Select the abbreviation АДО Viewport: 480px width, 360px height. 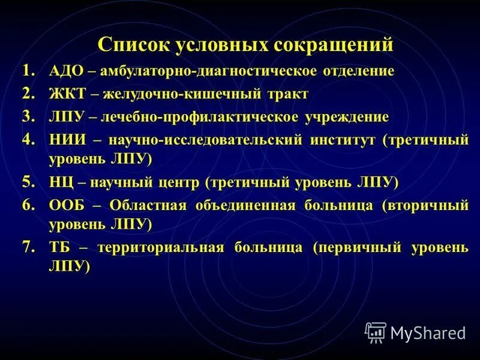pyautogui.click(x=65, y=71)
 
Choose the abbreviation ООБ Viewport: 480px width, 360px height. pyautogui.click(x=67, y=205)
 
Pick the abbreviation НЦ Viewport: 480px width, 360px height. pyautogui.click(x=61, y=181)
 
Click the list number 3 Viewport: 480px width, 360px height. pyautogui.click(x=29, y=116)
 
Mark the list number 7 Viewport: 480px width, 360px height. pyautogui.click(x=29, y=247)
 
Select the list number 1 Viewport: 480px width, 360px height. pyautogui.click(x=29, y=71)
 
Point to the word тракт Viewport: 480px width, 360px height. pyautogui.click(x=288, y=94)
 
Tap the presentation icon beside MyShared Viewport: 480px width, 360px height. pyautogui.click(x=376, y=332)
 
